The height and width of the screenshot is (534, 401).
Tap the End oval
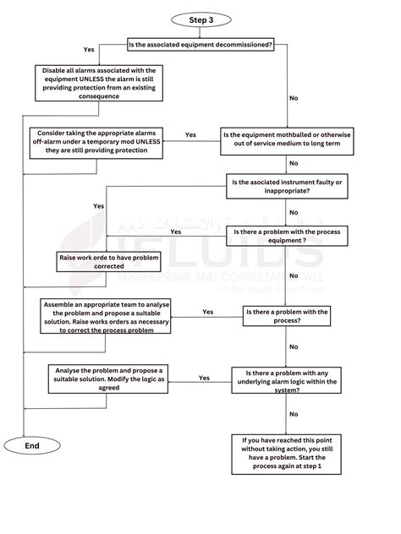coord(32,445)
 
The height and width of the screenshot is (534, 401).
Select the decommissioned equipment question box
coord(200,44)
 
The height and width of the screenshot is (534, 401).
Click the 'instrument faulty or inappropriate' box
coord(287,187)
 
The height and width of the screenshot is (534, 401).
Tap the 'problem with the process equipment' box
coord(287,235)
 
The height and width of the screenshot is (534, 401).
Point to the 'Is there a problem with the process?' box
coord(286,317)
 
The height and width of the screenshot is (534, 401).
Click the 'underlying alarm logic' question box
coord(286,381)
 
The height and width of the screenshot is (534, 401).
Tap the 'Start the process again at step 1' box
coord(286,455)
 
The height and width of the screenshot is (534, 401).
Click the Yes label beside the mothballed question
coord(190,135)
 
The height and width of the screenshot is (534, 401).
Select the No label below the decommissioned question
coord(294,99)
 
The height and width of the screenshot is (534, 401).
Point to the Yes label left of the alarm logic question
coord(204,378)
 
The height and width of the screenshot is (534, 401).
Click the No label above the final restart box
coord(294,414)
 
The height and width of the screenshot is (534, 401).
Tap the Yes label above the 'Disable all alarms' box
coord(89,49)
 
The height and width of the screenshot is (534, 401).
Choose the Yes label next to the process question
coord(208,312)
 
